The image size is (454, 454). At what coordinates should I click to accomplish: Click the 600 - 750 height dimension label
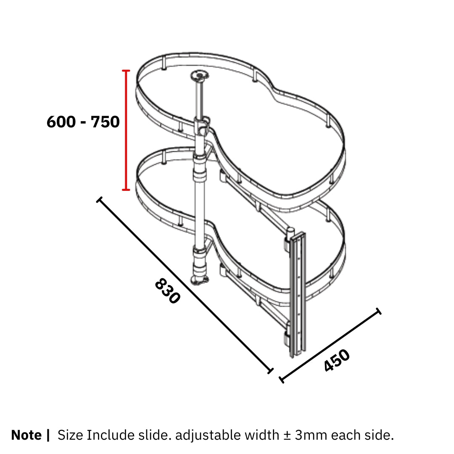tap(83, 121)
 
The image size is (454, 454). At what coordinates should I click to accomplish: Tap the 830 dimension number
tap(168, 291)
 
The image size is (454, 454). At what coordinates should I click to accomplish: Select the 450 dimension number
tap(337, 360)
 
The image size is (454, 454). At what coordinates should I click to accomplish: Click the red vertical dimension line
tap(126, 130)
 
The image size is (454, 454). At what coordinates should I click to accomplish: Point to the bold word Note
tap(26, 435)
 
